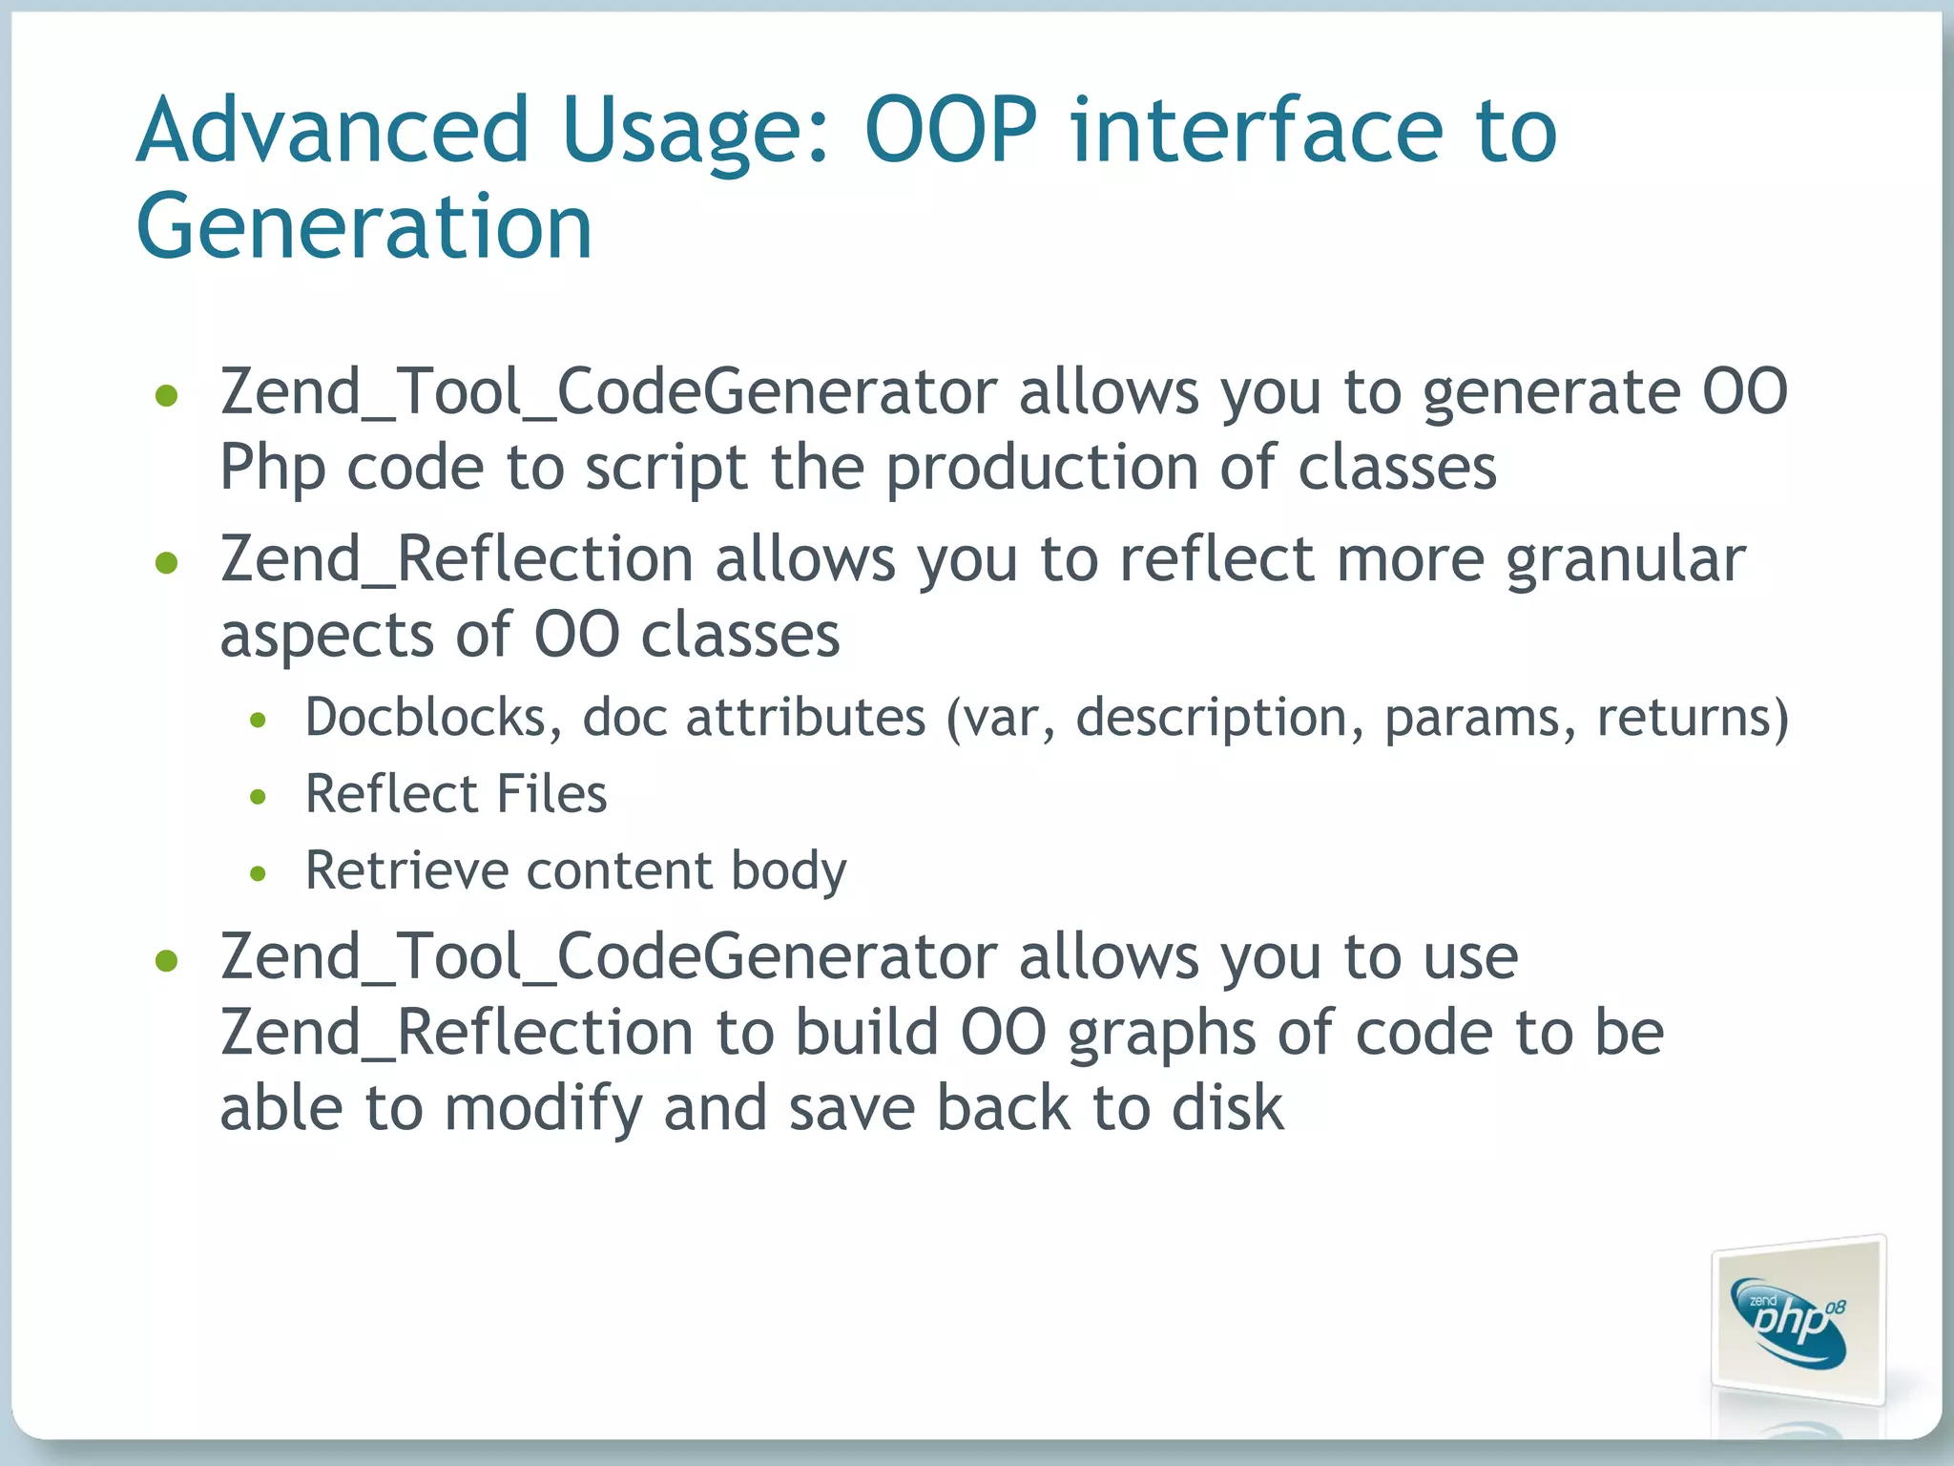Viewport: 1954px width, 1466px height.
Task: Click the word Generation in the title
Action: point(364,227)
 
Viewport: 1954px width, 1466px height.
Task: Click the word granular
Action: point(1626,559)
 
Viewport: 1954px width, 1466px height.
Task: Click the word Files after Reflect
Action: point(551,794)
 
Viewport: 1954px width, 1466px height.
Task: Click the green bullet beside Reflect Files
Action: point(258,796)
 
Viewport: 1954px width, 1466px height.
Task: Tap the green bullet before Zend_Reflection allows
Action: point(167,562)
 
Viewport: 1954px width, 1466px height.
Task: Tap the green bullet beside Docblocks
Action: point(258,720)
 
